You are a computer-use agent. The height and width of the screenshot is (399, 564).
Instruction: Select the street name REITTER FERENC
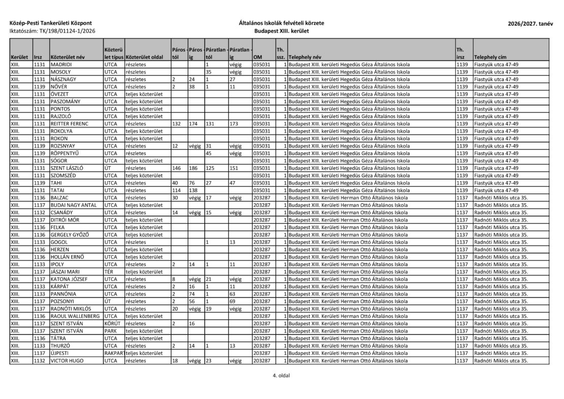(70, 124)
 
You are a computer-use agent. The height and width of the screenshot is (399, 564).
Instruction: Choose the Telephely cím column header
(491, 57)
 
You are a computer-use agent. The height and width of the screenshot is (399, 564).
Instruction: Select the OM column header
(258, 57)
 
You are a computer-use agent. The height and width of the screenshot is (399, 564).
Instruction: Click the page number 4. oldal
(281, 376)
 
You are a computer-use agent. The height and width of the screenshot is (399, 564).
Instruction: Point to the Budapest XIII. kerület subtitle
(281, 32)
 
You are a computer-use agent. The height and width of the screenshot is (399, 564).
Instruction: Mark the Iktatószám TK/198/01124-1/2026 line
(53, 32)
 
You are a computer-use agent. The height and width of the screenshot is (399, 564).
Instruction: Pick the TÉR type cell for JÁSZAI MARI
(109, 272)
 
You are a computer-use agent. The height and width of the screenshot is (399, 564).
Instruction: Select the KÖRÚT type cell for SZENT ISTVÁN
(112, 324)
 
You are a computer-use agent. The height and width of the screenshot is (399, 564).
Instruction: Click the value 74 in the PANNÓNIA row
(192, 294)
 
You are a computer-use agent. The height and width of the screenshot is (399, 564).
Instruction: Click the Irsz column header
(38, 57)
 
